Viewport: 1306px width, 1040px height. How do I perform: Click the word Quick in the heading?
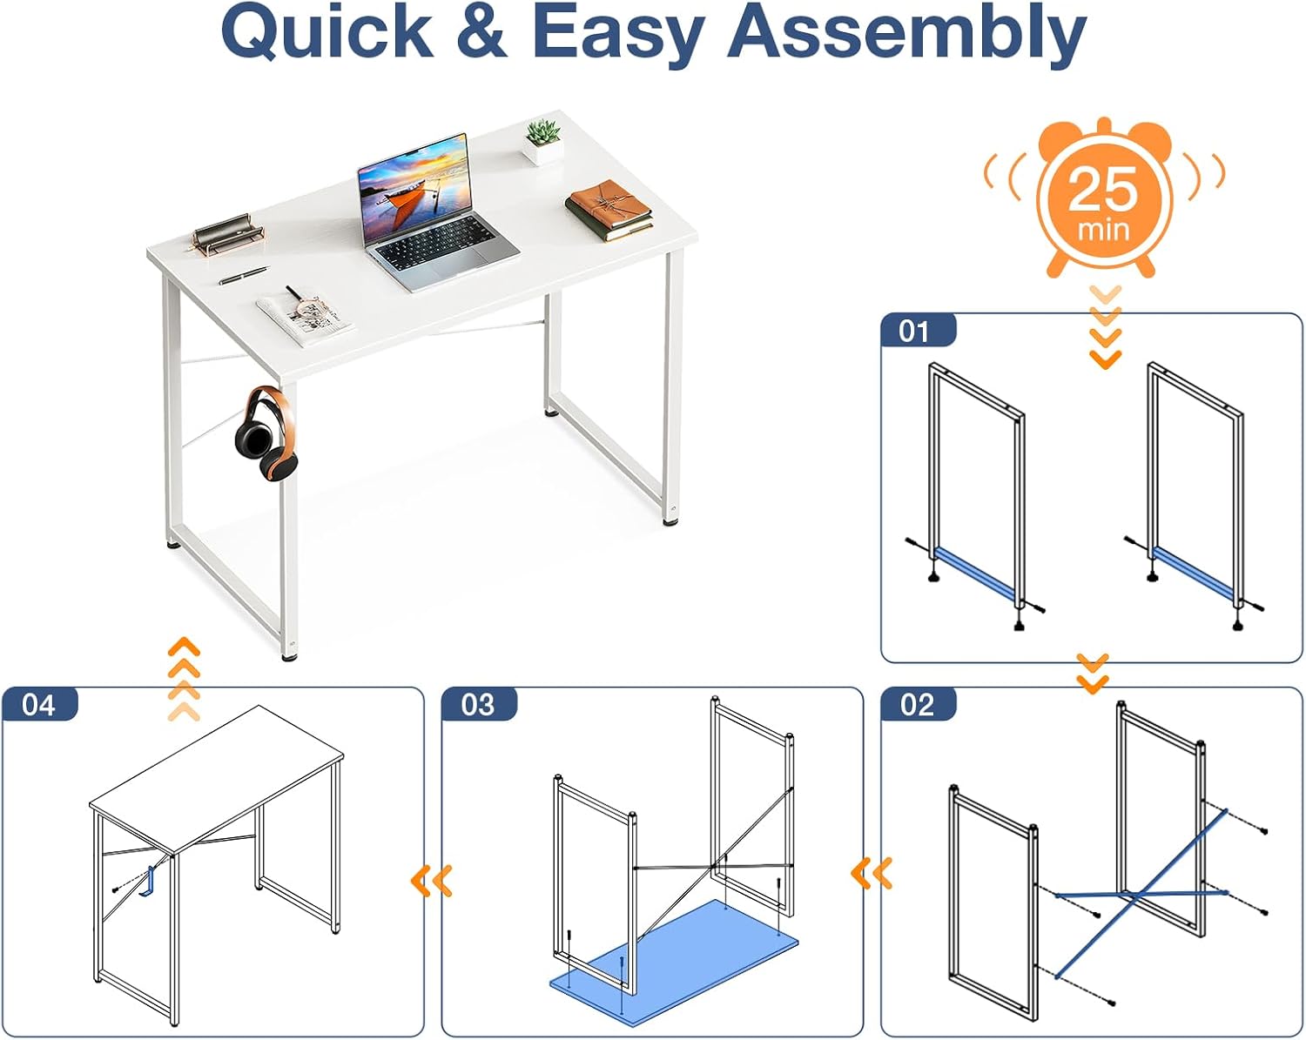327,32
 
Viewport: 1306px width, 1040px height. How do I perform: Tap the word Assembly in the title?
906,33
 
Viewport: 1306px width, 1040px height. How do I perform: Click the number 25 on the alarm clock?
1102,189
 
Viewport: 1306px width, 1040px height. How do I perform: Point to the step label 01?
913,332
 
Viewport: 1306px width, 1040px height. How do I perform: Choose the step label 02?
917,705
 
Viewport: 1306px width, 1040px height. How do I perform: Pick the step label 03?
478,705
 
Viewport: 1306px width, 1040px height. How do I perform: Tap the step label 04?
38,705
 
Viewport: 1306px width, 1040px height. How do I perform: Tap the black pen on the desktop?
244,275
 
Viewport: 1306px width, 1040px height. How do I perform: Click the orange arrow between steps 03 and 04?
432,881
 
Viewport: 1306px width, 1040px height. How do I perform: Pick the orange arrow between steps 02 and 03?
872,873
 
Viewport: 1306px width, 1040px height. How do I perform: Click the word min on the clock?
1103,231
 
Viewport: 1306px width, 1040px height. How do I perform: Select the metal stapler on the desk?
228,231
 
